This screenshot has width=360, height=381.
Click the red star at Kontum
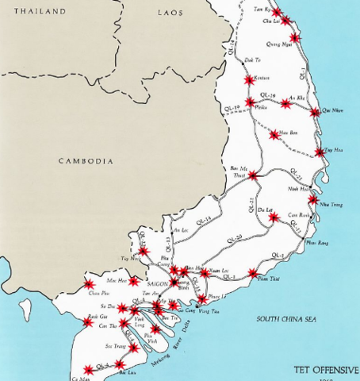(249, 80)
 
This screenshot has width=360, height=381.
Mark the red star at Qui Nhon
(316, 112)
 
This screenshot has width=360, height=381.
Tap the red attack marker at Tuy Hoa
(320, 152)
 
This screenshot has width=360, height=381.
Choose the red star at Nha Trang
(313, 200)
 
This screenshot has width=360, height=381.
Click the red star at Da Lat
(272, 217)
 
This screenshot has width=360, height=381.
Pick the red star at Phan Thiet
(253, 274)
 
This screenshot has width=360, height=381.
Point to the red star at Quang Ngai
(294, 37)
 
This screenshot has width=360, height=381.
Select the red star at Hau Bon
(274, 135)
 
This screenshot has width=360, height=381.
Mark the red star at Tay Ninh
(144, 252)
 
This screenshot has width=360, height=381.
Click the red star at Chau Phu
(89, 284)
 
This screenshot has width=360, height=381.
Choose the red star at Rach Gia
(87, 322)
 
